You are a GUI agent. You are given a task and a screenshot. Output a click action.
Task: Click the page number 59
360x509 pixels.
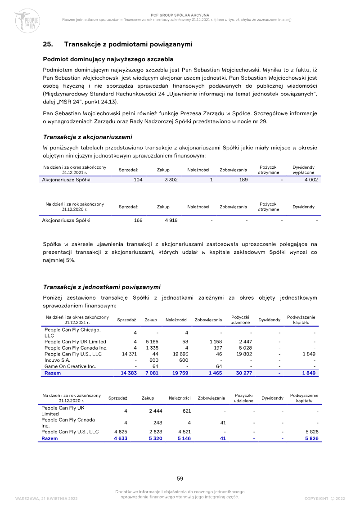pos(180,478)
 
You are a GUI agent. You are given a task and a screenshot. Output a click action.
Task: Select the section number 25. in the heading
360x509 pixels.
pos(48,44)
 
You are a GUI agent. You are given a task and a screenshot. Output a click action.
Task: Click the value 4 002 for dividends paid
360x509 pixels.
pos(310,180)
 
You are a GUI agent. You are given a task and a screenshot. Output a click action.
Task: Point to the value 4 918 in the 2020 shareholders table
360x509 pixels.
pos(169,220)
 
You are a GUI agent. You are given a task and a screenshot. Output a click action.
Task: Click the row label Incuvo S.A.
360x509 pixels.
pos(57,360)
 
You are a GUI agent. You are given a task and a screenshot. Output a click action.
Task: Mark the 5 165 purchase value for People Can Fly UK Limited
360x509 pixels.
pos(151,342)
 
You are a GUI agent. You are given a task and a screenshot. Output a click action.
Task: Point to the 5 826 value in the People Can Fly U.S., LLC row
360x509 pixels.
pos(311,432)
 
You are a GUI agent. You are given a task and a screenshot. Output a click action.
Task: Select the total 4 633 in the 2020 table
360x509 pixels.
pos(121,438)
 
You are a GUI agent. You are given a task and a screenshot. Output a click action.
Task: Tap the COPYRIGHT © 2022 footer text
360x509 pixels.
pos(324,498)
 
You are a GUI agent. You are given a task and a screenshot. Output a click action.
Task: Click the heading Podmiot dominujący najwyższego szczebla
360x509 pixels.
pos(108,59)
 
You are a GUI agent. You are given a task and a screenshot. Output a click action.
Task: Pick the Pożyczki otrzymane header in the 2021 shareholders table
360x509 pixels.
pos(268,170)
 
